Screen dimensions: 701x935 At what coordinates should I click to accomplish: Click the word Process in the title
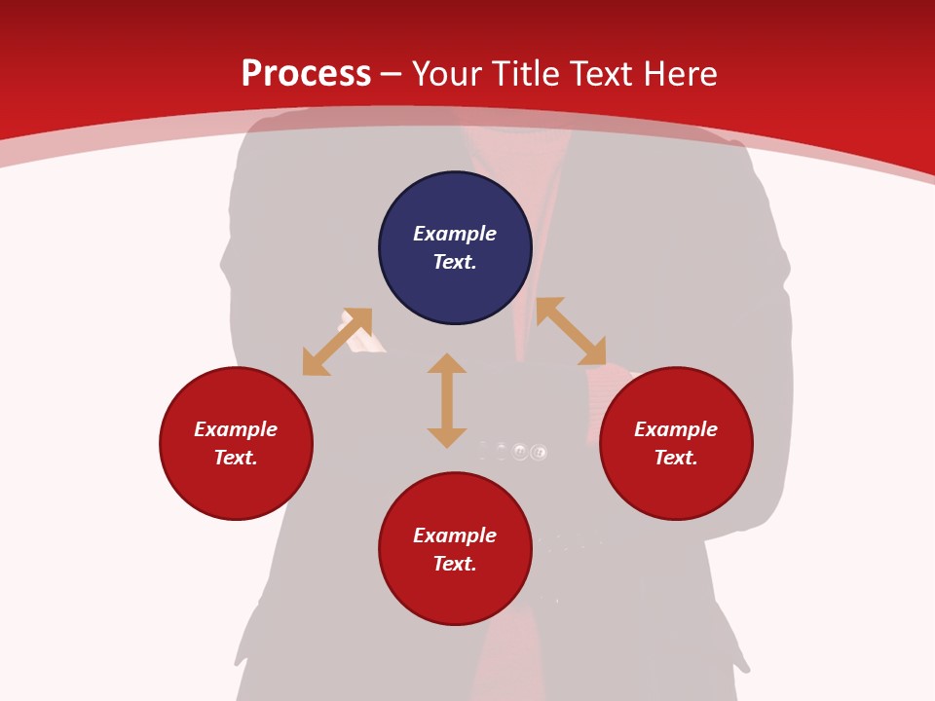(306, 74)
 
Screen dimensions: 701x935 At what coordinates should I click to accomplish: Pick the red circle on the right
(676, 482)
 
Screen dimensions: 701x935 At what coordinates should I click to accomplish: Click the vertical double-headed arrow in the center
(447, 400)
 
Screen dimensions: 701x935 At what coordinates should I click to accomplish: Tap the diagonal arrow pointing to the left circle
(337, 342)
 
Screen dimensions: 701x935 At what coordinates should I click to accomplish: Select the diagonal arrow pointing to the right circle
(571, 331)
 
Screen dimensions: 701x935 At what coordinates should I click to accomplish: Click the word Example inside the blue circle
(455, 234)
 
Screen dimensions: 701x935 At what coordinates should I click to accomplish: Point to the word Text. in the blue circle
(455, 262)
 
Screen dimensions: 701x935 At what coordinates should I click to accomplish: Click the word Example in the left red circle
(236, 429)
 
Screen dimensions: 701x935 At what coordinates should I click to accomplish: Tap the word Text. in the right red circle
(676, 458)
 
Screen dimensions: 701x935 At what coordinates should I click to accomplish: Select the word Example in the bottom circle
(455, 535)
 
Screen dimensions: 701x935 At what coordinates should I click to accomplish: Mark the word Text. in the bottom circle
(455, 564)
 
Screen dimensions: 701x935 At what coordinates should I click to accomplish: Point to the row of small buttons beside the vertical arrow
(513, 451)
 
